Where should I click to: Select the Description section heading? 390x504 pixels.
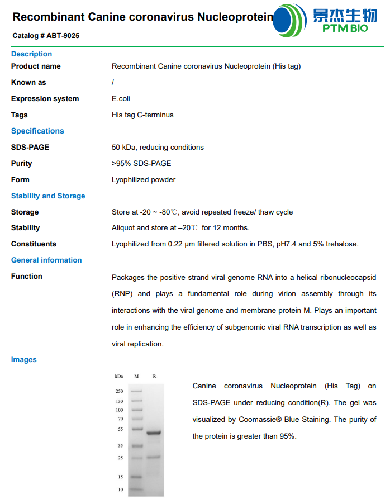point(31,54)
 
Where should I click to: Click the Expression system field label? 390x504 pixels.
point(45,99)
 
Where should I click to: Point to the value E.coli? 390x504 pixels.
point(121,99)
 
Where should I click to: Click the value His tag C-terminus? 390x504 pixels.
point(142,115)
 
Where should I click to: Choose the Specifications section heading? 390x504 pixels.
point(37,131)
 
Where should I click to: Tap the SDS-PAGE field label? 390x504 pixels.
point(30,148)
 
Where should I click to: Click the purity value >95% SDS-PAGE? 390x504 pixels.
point(141,164)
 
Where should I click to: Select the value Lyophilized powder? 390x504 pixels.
point(144,180)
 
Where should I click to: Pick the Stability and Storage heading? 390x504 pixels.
point(48,196)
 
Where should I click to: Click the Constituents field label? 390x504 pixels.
point(34,244)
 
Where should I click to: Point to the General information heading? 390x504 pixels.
point(46,260)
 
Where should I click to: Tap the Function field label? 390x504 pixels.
point(27,277)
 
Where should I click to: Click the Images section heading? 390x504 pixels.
point(24,360)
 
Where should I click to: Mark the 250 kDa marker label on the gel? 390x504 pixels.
point(120,392)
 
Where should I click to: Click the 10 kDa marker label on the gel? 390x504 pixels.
point(120,490)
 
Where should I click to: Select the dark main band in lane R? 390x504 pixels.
point(154,432)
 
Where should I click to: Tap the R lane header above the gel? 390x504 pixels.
point(154,377)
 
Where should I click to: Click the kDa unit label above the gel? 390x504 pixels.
point(118,377)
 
